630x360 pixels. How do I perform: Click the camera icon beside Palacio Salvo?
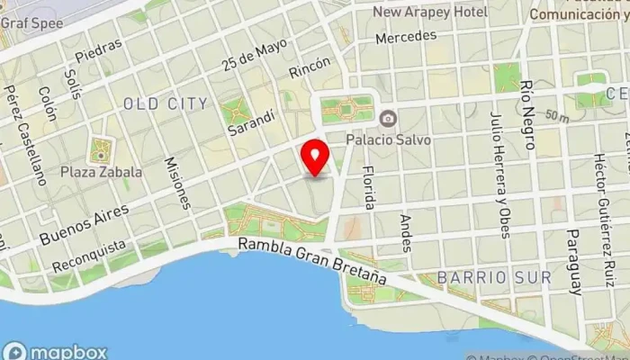(388, 119)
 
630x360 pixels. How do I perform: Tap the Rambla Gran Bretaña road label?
(312, 262)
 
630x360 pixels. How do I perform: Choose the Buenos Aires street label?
(84, 225)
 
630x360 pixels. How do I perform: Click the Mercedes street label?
(405, 37)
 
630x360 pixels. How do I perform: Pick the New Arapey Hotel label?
(430, 12)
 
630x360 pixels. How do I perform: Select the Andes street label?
(405, 231)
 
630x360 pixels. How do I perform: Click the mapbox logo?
(56, 352)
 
